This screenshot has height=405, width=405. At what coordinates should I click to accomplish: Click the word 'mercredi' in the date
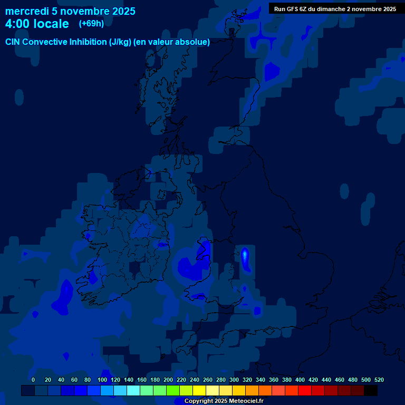point(27,11)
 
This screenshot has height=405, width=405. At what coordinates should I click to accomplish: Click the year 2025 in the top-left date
point(123,11)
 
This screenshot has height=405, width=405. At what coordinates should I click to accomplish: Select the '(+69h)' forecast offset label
point(91,24)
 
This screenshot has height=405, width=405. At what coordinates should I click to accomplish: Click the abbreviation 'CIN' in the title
point(14,42)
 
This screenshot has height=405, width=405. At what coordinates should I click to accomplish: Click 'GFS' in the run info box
point(293,9)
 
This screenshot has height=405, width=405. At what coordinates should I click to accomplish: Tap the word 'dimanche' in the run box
point(331,9)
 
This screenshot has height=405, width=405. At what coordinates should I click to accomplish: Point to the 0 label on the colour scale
point(33,380)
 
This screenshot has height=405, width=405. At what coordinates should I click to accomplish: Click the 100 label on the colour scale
point(102,380)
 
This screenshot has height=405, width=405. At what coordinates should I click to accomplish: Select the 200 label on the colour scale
point(168,380)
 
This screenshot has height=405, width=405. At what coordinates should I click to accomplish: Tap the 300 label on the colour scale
point(234,380)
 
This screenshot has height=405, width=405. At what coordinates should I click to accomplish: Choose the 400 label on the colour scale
point(300,380)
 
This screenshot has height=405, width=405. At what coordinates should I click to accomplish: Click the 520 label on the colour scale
point(379,380)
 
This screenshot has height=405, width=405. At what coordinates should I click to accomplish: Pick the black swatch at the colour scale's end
point(371,391)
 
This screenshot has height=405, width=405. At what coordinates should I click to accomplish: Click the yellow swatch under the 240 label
point(199,391)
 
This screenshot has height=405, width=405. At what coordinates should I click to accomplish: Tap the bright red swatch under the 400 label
point(305,391)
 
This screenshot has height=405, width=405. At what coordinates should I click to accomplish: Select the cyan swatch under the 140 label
point(133,391)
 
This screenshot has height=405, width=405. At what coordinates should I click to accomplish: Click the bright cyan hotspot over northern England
point(245,255)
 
